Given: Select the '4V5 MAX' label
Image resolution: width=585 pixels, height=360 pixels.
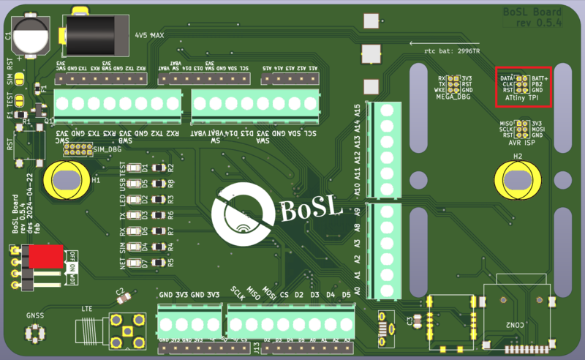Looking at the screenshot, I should (149, 34).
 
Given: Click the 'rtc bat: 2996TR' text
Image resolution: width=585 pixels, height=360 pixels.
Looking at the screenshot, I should (452, 52).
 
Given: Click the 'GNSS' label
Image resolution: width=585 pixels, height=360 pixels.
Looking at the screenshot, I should (34, 317).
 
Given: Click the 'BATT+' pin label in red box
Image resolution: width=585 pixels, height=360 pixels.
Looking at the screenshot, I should (540, 78).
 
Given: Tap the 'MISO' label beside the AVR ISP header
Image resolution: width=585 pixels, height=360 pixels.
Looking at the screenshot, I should (503, 123).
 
